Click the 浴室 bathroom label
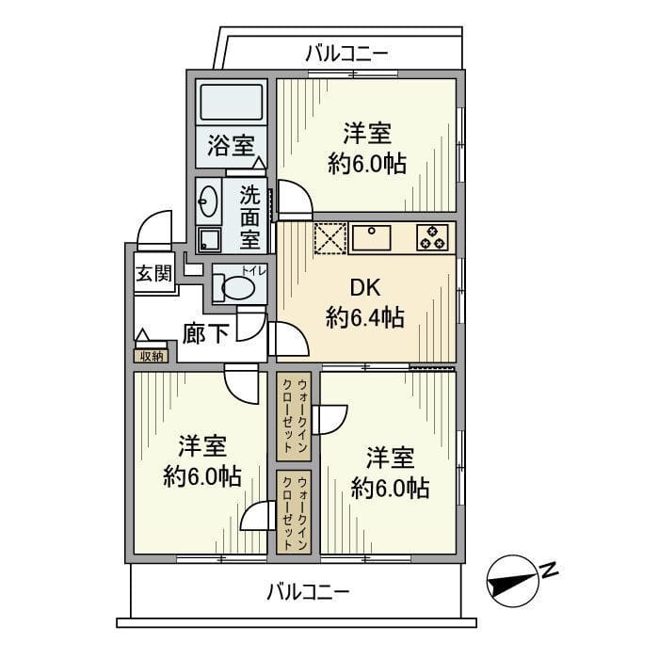(x=231, y=146)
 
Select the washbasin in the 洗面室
(x=209, y=200)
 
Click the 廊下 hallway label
(x=204, y=333)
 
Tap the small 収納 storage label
(x=153, y=355)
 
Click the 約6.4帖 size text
(x=365, y=318)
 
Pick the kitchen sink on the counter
(x=378, y=237)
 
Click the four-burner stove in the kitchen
(x=433, y=237)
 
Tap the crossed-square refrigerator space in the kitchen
(x=329, y=237)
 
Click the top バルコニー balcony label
(x=346, y=53)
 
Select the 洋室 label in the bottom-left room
(x=203, y=446)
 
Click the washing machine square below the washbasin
(x=208, y=239)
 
